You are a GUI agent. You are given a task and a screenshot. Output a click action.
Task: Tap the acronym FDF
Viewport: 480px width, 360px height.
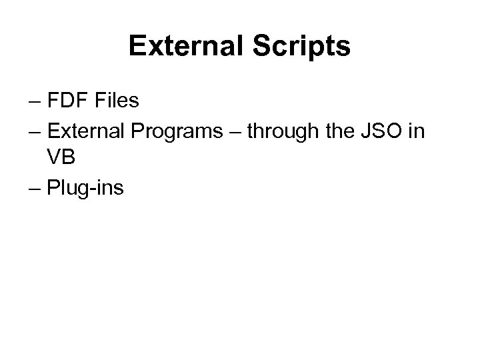(68, 102)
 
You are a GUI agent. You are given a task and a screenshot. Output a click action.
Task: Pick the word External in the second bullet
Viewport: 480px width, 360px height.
(85, 131)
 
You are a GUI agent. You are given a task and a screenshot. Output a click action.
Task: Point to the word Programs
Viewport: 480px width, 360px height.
(179, 131)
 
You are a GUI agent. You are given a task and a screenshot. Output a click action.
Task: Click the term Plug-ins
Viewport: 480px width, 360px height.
(85, 189)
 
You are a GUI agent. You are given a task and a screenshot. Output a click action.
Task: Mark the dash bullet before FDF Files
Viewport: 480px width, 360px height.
(35, 103)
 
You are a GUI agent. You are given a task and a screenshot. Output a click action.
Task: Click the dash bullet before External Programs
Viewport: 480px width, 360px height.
(35, 133)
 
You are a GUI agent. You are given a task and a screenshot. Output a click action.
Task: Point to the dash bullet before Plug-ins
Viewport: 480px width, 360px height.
(35, 190)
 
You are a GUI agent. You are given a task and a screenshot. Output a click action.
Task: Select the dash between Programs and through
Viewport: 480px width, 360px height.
(235, 133)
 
